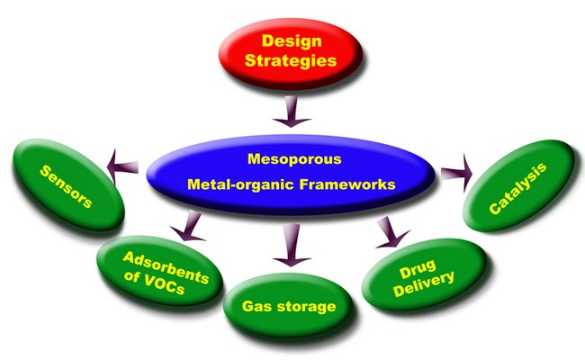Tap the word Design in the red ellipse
(x=292, y=40)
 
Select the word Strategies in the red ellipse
(x=292, y=63)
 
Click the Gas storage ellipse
(x=289, y=306)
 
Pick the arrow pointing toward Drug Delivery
(x=387, y=232)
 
